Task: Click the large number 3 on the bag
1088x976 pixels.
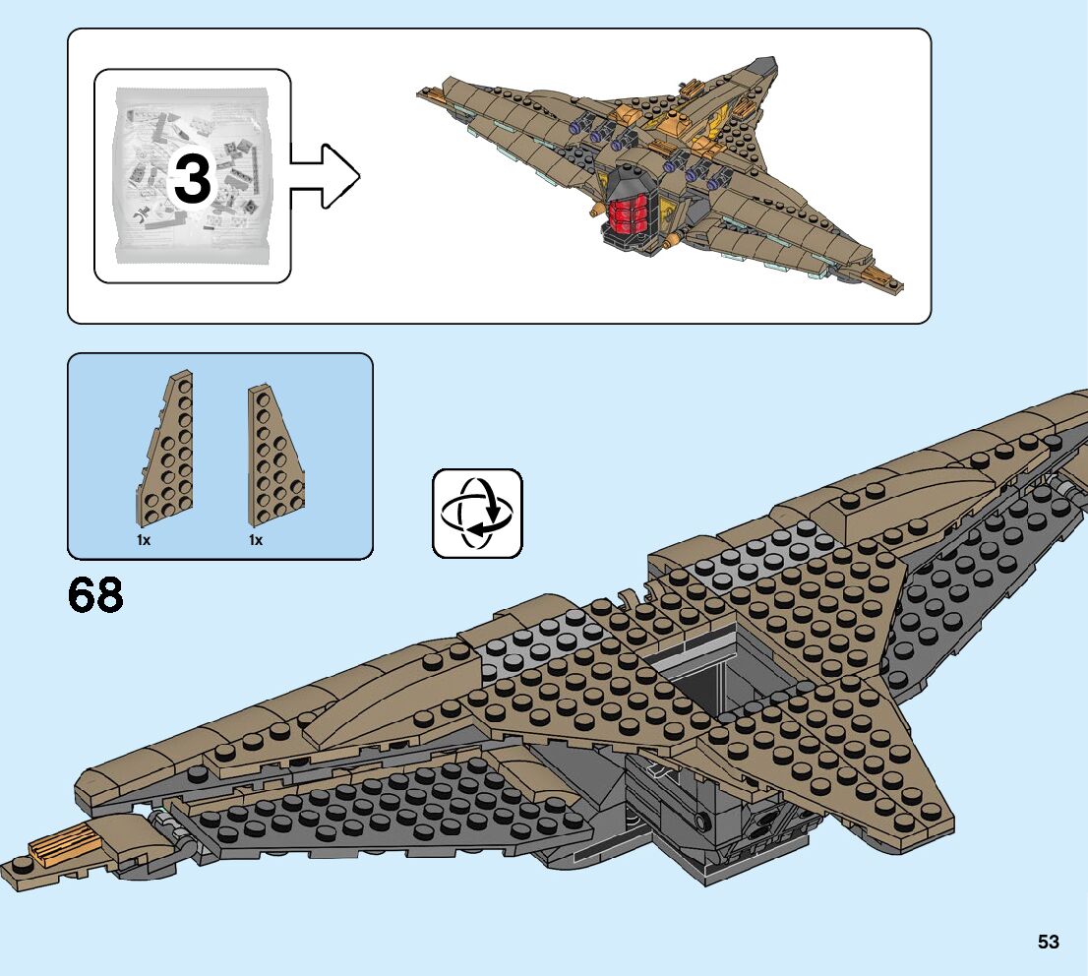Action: (193, 178)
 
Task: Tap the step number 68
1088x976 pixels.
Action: (95, 595)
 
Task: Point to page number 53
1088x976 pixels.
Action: (1048, 942)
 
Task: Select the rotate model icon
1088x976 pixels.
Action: (477, 513)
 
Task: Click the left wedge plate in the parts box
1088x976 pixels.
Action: (166, 453)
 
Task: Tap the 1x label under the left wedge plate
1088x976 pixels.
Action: (144, 540)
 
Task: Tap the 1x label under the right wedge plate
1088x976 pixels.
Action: (255, 540)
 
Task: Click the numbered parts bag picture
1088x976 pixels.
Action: (193, 177)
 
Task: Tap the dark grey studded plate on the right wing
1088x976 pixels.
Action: (984, 561)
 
